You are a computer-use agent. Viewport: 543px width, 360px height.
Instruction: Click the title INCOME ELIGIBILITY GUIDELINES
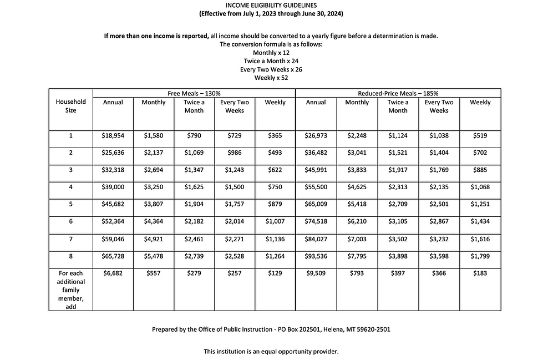click(x=271, y=5)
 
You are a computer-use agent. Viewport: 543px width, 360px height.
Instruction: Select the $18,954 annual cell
click(x=113, y=135)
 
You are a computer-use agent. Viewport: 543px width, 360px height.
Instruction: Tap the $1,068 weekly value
click(x=480, y=187)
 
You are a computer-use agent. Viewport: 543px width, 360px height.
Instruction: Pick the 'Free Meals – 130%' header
click(x=194, y=93)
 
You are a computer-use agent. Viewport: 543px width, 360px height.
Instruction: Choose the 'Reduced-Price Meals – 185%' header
click(x=398, y=93)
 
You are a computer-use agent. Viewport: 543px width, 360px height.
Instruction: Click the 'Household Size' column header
click(x=70, y=106)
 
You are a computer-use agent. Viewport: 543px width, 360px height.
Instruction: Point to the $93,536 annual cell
click(x=316, y=256)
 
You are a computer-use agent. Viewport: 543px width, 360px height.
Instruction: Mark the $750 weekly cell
click(x=275, y=187)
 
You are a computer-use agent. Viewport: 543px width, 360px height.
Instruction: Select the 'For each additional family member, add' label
click(x=70, y=290)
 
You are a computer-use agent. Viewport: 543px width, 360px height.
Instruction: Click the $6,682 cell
click(x=113, y=273)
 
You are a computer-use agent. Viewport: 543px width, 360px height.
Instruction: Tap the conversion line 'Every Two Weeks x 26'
click(x=271, y=69)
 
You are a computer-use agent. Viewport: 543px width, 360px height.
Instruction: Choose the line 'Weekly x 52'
click(x=271, y=78)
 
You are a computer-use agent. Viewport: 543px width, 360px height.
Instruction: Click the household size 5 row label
click(x=70, y=204)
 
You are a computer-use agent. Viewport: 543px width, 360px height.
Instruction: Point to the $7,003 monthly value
click(x=357, y=239)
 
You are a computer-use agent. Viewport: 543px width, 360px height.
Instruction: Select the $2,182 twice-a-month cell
click(x=194, y=222)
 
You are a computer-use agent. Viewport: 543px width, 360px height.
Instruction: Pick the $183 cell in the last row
click(x=480, y=273)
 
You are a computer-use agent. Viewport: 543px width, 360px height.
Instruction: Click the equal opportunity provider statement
click(x=271, y=351)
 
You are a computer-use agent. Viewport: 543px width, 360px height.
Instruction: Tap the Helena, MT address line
click(x=271, y=329)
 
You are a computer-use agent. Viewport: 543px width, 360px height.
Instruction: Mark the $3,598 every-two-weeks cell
click(x=439, y=256)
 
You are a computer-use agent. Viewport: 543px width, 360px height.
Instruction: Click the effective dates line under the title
click(x=271, y=13)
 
